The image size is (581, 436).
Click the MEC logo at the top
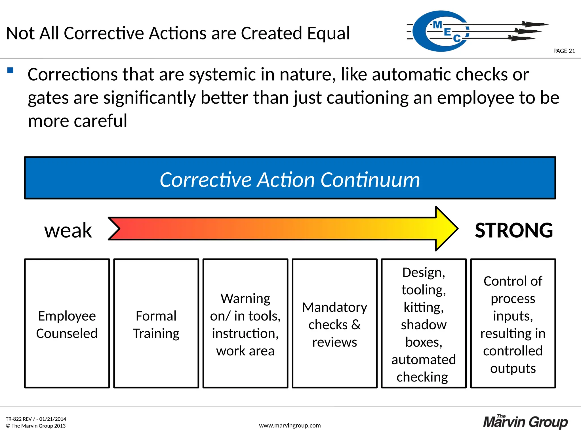click(445, 31)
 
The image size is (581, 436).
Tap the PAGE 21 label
click(564, 51)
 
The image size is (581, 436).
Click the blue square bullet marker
click(10, 70)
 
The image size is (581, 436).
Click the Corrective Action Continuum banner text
click(290, 180)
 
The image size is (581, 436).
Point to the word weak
click(68, 230)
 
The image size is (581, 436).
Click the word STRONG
click(514, 230)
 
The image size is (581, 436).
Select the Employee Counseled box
click(67, 324)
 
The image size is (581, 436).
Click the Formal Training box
click(156, 324)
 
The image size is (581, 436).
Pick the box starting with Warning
click(245, 324)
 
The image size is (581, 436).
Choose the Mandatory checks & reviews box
click(334, 324)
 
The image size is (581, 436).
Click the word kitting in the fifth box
click(423, 307)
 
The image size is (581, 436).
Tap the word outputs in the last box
click(513, 368)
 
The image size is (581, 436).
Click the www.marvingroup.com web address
click(290, 425)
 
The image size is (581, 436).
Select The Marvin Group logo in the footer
click(525, 422)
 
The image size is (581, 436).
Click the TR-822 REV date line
click(36, 419)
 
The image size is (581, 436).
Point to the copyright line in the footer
click(36, 426)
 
